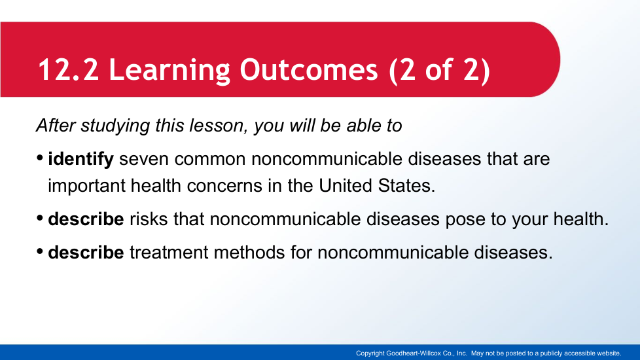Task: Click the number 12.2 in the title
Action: pyautogui.click(x=69, y=70)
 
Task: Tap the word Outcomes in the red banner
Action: pyautogui.click(x=309, y=70)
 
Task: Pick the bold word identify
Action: pyautogui.click(x=80, y=159)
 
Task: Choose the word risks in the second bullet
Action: pyautogui.click(x=149, y=219)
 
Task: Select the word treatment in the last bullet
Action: pyautogui.click(x=169, y=253)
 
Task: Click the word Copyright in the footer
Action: pyautogui.click(x=370, y=353)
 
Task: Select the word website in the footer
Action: pyautogui.click(x=609, y=353)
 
